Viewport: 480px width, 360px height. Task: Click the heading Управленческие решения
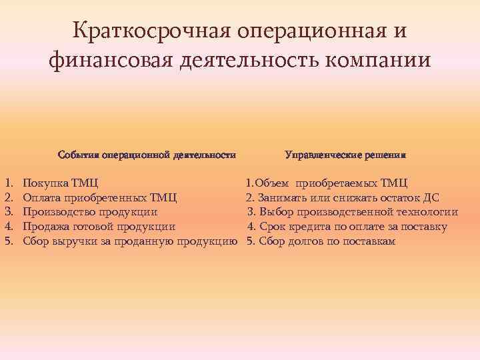pyautogui.click(x=345, y=154)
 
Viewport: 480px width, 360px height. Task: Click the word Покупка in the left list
pyautogui.click(x=45, y=183)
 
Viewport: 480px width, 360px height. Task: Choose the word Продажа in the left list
pyautogui.click(x=45, y=227)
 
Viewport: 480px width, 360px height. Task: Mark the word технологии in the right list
pyautogui.click(x=426, y=212)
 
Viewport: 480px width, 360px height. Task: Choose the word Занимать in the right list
pyautogui.click(x=279, y=197)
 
